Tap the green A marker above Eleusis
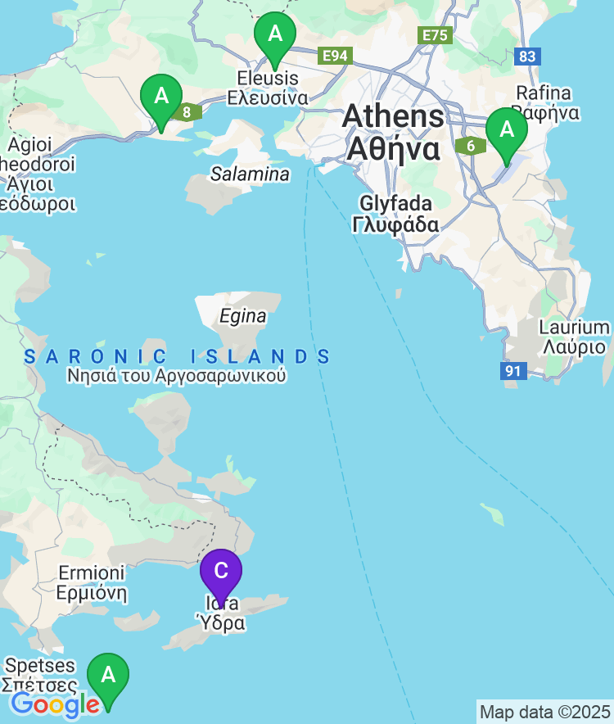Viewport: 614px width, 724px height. [x=275, y=35]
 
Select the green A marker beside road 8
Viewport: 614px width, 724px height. [x=162, y=97]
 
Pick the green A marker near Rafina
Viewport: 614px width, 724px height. [x=507, y=130]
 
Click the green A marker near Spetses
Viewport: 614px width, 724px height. [x=108, y=676]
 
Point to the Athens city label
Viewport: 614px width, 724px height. [x=394, y=132]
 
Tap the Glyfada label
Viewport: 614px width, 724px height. [x=395, y=213]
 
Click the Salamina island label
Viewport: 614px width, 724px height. [x=250, y=174]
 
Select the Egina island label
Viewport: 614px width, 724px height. [x=243, y=316]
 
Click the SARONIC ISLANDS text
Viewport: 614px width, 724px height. [x=178, y=356]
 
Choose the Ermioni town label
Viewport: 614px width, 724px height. [x=92, y=582]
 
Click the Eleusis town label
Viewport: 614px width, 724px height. [x=268, y=88]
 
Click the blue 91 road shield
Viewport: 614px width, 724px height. [x=512, y=371]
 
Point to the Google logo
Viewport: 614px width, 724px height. [x=55, y=704]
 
